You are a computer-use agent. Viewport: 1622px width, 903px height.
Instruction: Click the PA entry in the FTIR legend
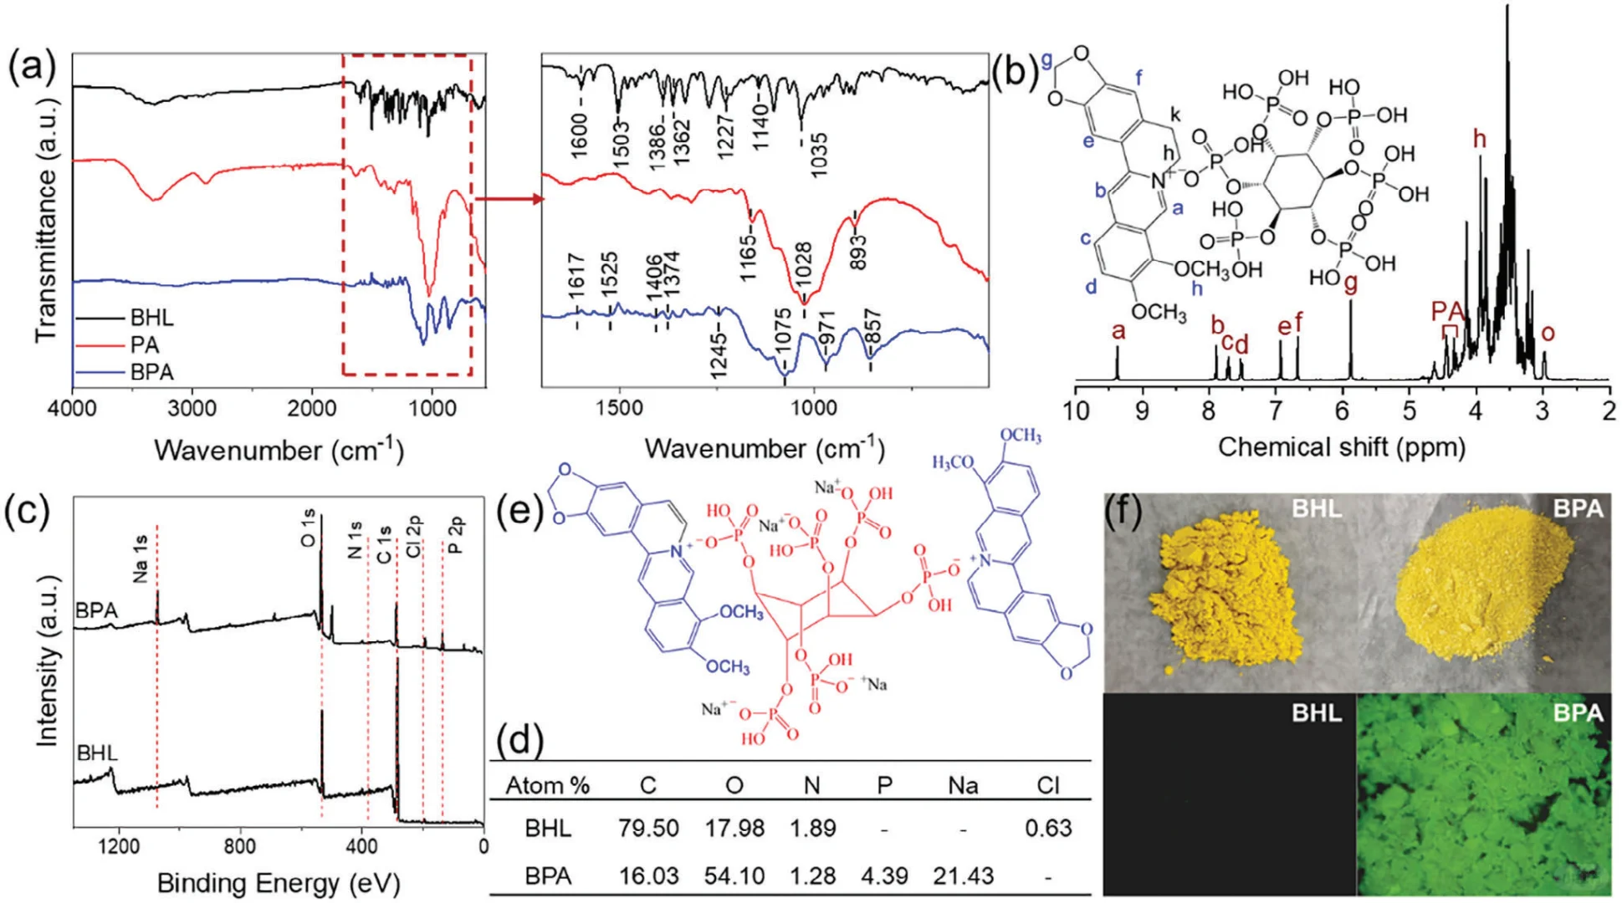point(144,344)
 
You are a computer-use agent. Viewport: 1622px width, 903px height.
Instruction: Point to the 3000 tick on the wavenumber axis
point(192,408)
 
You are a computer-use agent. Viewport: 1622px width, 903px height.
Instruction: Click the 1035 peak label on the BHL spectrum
point(817,154)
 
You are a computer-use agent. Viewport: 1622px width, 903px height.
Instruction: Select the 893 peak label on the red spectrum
point(857,251)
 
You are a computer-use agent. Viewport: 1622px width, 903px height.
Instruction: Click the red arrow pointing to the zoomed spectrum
point(509,199)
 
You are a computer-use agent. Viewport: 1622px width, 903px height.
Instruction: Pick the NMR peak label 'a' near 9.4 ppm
point(1118,331)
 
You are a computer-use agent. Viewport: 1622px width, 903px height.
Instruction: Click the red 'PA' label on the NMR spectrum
point(1447,312)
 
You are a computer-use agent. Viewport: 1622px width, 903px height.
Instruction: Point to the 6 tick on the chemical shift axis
point(1343,411)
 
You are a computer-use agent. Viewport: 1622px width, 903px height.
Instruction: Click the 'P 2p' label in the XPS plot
point(455,536)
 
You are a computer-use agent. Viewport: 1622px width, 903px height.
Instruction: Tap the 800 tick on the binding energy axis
point(239,845)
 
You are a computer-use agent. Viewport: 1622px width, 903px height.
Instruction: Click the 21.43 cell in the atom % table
point(963,875)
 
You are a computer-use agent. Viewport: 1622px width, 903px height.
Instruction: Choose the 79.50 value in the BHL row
point(648,828)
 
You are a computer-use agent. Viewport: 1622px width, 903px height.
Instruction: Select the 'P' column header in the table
point(884,785)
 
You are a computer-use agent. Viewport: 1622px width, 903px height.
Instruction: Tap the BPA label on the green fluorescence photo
point(1578,713)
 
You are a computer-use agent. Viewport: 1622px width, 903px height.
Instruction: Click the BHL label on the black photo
point(1316,713)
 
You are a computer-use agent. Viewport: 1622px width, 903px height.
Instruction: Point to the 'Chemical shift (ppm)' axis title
point(1341,447)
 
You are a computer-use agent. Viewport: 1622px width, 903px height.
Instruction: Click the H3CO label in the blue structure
point(953,462)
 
